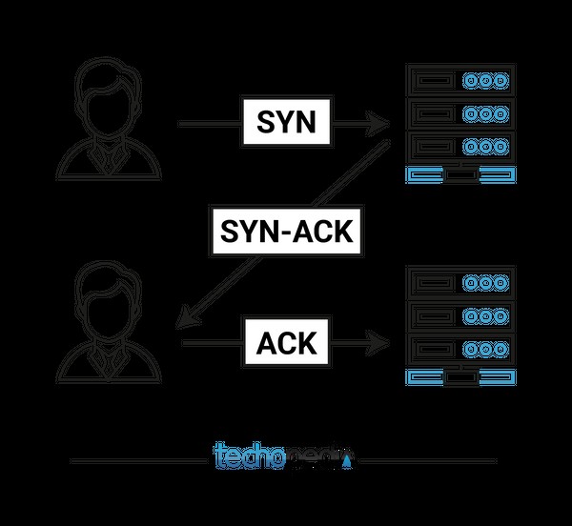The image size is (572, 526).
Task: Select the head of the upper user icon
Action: [x=111, y=91]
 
